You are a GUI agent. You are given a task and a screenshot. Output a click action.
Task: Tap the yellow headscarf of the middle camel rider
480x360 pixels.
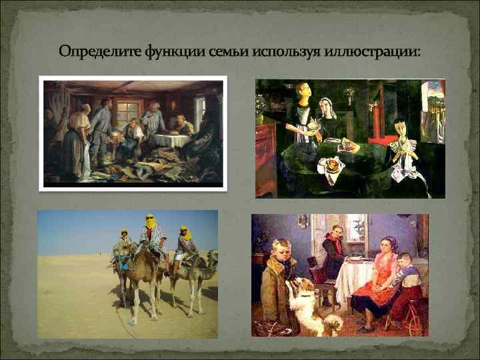pyautogui.click(x=150, y=219)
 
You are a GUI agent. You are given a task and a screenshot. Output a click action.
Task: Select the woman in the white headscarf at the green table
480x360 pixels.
pyautogui.click(x=329, y=120)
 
